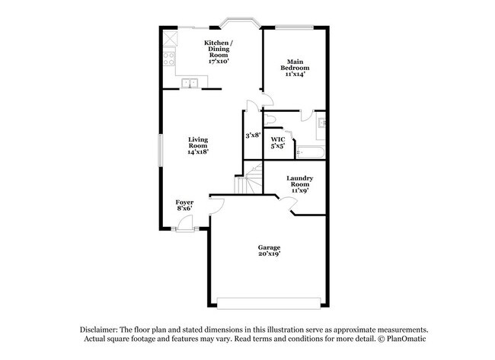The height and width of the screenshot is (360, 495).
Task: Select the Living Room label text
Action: click(198, 145)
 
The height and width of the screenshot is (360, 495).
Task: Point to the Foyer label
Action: click(184, 205)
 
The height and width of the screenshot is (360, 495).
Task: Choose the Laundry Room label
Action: click(298, 184)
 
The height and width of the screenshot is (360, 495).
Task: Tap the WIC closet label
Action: click(278, 142)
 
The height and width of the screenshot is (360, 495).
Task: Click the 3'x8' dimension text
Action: click(253, 135)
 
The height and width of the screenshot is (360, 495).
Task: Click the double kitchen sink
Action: click(189, 83)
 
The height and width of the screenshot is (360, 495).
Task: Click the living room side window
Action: click(161, 149)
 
